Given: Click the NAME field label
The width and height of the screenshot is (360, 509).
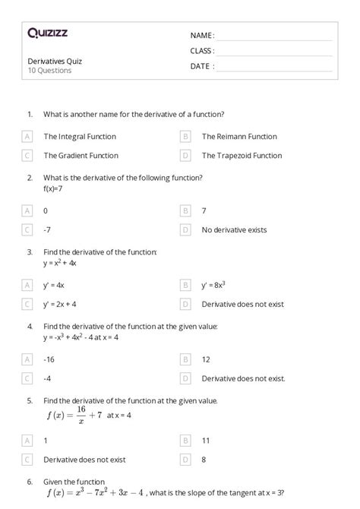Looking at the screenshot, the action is (202, 36).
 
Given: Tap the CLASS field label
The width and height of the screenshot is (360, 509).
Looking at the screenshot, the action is (202, 51).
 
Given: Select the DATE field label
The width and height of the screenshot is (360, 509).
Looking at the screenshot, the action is (202, 66).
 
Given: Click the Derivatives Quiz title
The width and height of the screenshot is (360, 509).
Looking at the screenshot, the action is (55, 61).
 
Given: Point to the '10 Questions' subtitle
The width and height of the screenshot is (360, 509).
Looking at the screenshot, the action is (49, 71).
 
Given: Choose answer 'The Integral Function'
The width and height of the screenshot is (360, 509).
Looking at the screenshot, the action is (80, 137).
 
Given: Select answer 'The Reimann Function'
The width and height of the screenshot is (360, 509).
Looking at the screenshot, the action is (239, 137).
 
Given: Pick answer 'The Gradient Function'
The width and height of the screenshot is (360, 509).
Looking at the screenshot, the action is (81, 155).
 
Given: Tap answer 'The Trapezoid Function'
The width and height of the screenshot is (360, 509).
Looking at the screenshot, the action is (242, 155).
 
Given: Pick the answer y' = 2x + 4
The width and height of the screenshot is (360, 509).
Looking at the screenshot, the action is (60, 304).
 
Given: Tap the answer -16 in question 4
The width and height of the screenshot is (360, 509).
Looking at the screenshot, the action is (49, 359).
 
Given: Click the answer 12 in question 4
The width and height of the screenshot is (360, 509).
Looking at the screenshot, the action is (206, 359).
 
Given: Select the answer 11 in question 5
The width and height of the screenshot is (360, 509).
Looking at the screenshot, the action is (206, 440).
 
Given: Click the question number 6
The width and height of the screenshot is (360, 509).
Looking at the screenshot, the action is (30, 482).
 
